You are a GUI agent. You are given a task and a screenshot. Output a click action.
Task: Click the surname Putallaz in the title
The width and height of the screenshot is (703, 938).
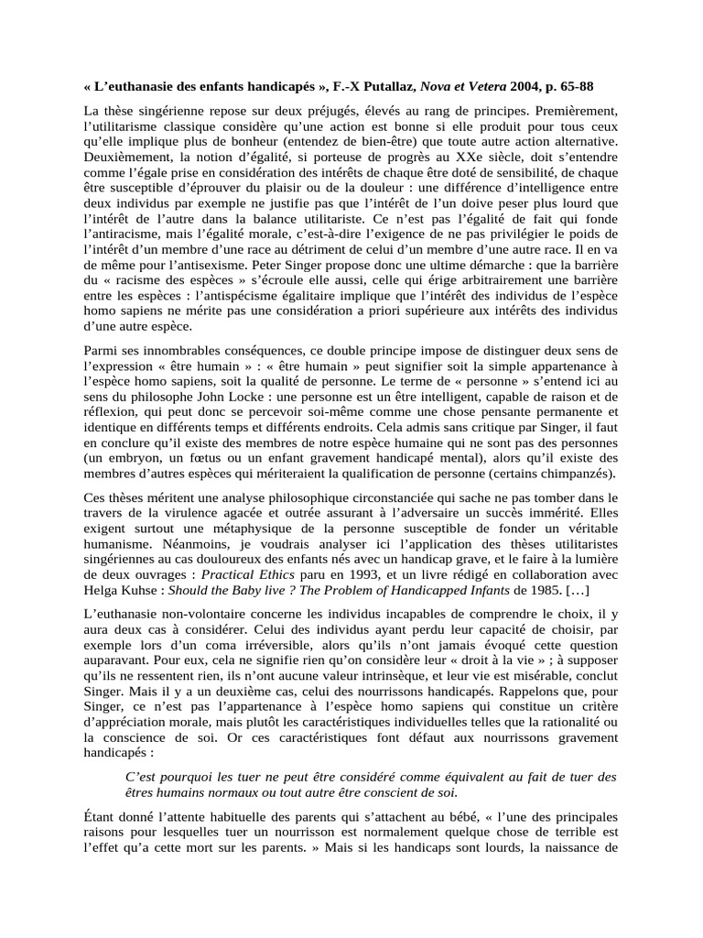pos(398,87)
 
